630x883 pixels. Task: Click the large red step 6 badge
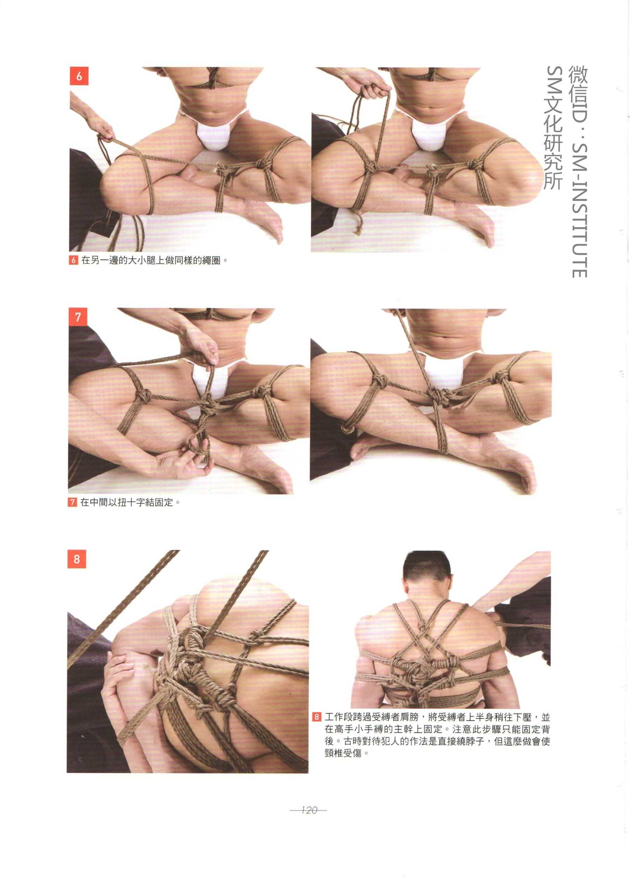(x=79, y=76)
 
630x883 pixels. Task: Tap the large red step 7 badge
(x=78, y=317)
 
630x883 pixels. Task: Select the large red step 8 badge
(x=76, y=559)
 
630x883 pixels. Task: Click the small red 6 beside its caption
(x=74, y=260)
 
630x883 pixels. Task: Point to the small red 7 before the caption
(x=72, y=502)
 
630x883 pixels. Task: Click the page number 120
(x=309, y=810)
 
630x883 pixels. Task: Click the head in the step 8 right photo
(x=426, y=575)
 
